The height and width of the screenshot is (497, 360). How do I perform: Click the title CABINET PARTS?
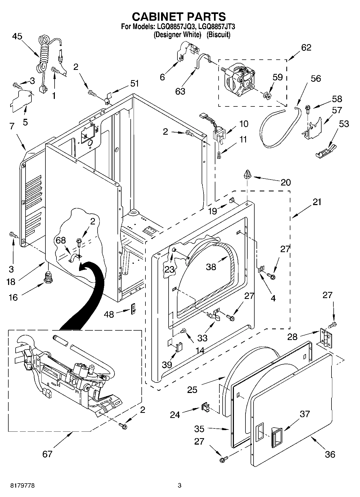(x=179, y=17)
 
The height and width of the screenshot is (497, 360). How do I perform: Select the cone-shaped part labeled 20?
(x=247, y=174)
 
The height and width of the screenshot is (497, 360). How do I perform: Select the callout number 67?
(x=47, y=454)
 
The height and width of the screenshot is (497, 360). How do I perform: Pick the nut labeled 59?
(x=266, y=95)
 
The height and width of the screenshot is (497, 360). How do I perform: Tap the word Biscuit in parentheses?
(x=218, y=34)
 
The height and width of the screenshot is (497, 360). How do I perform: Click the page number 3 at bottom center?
(x=180, y=485)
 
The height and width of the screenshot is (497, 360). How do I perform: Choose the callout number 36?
(x=330, y=454)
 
